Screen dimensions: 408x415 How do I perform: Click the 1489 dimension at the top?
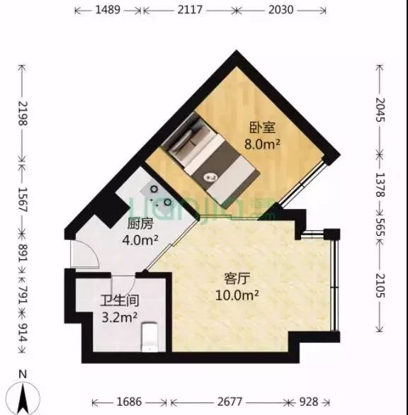pos(108,10)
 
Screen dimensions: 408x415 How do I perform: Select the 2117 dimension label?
pos(190,10)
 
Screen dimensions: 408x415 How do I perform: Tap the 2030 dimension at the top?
pos(281,10)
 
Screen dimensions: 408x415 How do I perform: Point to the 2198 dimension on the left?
pos(23,113)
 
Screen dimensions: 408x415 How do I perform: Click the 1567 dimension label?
pos(23,200)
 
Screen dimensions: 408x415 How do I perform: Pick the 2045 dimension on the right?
pos(380,110)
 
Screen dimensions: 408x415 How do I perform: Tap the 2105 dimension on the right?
pos(380,285)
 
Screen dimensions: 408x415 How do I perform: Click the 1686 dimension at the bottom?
pos(129,402)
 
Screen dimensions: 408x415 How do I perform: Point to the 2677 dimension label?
pos(229,402)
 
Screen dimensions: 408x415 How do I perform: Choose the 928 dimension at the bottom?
pos(309,402)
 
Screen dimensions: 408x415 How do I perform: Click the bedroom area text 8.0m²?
pos(262,144)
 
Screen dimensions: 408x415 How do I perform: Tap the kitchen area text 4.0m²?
pos(140,240)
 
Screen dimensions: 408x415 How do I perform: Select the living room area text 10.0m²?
pos(237,295)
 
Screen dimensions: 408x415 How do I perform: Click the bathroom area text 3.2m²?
pos(120,317)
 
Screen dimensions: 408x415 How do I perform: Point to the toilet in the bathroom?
pos(150,337)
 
